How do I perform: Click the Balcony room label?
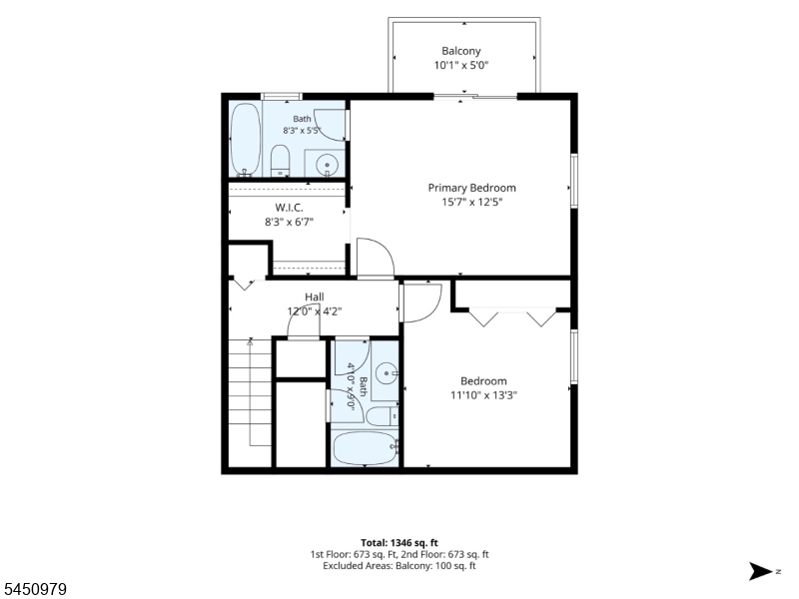point(460,51)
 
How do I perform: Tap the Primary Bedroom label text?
point(471,188)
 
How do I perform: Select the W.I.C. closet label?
point(289,208)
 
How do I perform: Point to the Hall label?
point(315,297)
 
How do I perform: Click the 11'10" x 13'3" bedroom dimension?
point(483,395)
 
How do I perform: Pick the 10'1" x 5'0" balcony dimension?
point(461,65)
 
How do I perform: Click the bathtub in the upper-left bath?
point(245,140)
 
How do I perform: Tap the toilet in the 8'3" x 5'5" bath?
point(280,160)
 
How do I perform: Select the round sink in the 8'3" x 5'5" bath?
point(327,165)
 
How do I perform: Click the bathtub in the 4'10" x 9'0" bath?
point(365,448)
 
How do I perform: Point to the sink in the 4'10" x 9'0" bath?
point(387,373)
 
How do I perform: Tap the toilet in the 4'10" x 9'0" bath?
point(383,416)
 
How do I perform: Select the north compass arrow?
point(761,571)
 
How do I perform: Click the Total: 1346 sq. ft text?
point(399,543)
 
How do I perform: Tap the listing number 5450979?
point(34,589)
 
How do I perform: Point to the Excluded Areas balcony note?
point(399,566)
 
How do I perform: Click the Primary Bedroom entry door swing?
point(376,259)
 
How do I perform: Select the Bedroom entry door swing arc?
point(421,303)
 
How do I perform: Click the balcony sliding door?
point(475,96)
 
